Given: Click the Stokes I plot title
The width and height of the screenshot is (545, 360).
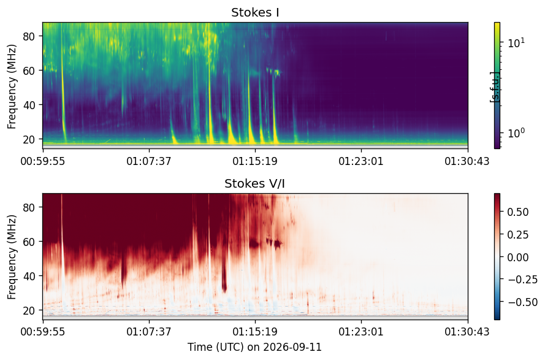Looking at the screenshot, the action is (255, 12).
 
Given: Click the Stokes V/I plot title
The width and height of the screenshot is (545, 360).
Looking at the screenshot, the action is (255, 183).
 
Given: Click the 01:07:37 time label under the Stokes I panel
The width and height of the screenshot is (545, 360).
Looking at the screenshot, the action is (149, 161).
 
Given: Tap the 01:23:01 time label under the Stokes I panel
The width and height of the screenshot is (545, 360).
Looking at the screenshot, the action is (361, 161).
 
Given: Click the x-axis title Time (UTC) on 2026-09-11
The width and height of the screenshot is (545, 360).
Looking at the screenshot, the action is (255, 347).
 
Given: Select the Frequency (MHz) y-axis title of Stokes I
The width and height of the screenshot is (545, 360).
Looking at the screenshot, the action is (12, 86).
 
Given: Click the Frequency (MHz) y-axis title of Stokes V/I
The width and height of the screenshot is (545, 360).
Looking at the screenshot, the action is (12, 257).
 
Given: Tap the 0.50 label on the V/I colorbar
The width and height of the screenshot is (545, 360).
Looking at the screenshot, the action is (518, 212).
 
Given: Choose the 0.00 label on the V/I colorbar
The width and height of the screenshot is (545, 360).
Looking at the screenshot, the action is (518, 257).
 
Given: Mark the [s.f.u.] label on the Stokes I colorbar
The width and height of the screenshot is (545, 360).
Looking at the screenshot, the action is (494, 87).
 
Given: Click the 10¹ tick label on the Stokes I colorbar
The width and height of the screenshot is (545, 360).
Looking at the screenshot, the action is (516, 43).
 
